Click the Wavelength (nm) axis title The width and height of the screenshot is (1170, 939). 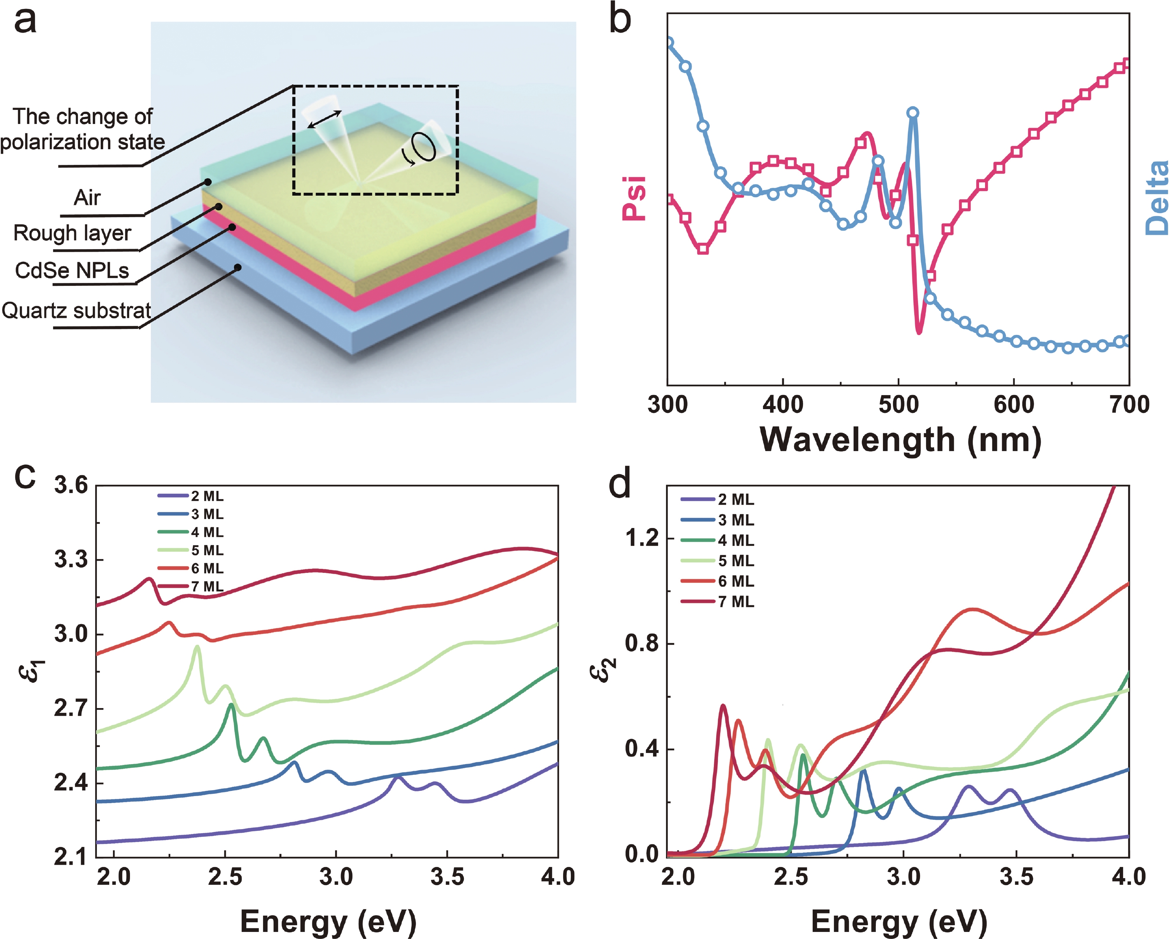(900, 439)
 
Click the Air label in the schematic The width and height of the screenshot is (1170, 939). (87, 198)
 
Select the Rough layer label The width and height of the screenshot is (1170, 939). (72, 233)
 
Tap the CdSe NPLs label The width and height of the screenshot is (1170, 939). (72, 270)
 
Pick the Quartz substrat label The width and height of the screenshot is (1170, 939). (76, 311)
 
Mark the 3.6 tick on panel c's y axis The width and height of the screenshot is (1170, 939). (71, 485)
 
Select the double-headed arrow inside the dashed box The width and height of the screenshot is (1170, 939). (325, 119)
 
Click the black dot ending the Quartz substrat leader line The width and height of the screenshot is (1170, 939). (238, 267)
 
